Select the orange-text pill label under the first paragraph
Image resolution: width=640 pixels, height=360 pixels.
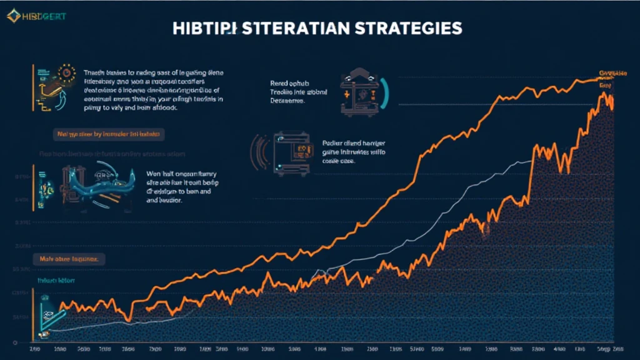click(107, 134)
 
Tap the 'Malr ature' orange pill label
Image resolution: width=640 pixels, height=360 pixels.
click(68, 257)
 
